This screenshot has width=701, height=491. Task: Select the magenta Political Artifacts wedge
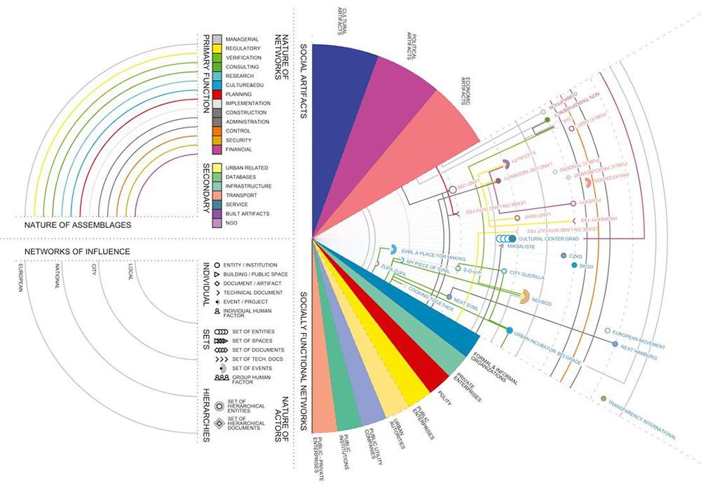(393, 126)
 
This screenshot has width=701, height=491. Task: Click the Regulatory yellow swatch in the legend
(218, 48)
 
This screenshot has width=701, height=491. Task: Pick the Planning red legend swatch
(218, 94)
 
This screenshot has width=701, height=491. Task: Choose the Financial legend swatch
(218, 149)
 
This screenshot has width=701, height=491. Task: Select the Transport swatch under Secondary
(218, 195)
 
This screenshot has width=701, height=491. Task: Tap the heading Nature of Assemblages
(77, 226)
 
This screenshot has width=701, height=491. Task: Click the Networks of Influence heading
(77, 250)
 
